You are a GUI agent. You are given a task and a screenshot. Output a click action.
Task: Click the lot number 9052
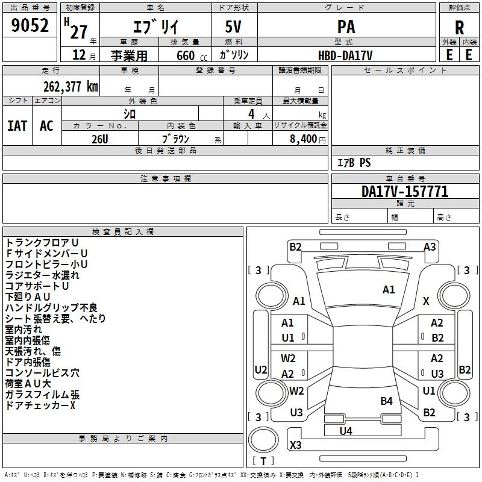pos(30,26)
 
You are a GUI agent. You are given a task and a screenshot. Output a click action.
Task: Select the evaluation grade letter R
pos(459,27)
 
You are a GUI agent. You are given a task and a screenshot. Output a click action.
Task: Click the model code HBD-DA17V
pos(345,55)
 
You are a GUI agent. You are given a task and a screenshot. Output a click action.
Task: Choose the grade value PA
pos(346,27)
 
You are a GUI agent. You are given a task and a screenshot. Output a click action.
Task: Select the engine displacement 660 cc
pos(184,55)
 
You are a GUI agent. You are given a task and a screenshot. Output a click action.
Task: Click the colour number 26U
pos(100,139)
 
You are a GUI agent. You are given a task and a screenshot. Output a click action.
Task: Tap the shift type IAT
pos(17,125)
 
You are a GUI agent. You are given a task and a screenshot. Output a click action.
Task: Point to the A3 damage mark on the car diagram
pos(430,246)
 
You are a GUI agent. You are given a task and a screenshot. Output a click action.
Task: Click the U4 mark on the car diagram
pos(346,431)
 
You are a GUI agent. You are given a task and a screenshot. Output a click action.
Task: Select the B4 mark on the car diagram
pos(386,401)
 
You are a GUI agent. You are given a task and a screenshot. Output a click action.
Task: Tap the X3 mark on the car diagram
pos(296,445)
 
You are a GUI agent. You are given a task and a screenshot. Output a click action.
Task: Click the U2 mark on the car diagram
pos(260,369)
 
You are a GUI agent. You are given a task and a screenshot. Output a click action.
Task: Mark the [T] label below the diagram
pos(263,462)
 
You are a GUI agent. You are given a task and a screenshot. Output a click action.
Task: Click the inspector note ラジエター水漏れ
pos(42,275)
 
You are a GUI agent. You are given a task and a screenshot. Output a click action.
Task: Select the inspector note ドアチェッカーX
pos(40,405)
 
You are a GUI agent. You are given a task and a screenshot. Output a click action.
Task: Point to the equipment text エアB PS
pos(353,163)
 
